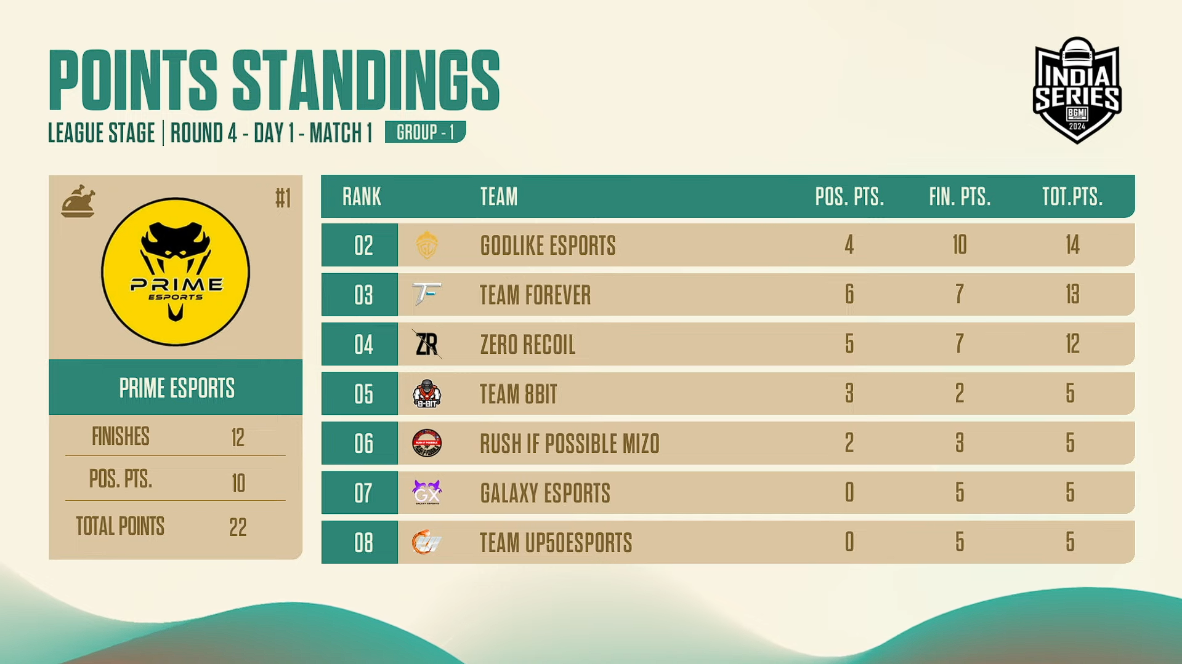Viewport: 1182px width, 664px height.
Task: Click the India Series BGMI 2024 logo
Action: [x=1077, y=90]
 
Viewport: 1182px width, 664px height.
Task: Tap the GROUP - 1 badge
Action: [x=425, y=132]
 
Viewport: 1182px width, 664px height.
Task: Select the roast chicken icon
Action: [x=78, y=201]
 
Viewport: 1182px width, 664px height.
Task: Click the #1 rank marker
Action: [x=283, y=198]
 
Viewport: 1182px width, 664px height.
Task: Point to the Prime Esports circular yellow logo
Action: [x=176, y=271]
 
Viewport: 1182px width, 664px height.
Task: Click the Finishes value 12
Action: [x=238, y=438]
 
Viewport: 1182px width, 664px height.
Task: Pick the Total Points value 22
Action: [x=238, y=527]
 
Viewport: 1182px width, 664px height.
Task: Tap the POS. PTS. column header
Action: [x=849, y=197]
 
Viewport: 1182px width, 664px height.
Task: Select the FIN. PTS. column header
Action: [x=960, y=197]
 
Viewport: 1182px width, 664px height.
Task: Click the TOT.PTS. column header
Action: [x=1072, y=197]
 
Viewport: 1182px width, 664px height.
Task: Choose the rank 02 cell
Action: [x=360, y=245]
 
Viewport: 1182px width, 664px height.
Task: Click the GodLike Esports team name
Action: [x=548, y=246]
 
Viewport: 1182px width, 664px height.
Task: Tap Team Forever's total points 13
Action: [x=1072, y=294]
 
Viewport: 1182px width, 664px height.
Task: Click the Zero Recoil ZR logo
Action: [x=426, y=344]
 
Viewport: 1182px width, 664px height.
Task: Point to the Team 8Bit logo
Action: [x=426, y=394]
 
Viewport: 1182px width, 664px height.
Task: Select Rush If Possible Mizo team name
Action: [x=570, y=444]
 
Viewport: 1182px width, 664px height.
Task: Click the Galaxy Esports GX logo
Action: [x=426, y=492]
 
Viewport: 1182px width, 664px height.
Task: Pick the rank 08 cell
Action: [x=360, y=542]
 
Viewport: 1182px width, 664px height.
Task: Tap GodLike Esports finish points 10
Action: [x=960, y=245]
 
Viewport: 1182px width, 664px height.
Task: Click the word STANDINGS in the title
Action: [x=366, y=81]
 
